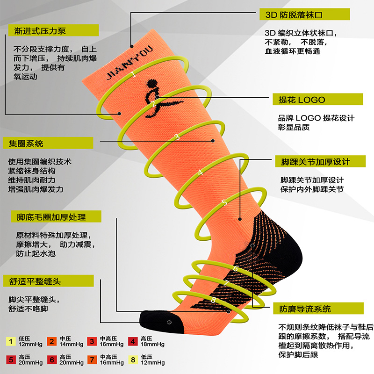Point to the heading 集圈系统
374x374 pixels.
coord(23,144)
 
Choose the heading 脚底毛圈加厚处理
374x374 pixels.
coord(51,217)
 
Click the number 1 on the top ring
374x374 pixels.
coord(134,74)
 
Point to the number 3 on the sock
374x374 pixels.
coord(177,137)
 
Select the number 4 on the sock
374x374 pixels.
coord(201,172)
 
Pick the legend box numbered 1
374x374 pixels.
coord(10,341)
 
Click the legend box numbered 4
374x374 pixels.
coord(132,341)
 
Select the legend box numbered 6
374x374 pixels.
coord(51,360)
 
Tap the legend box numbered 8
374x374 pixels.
coord(132,360)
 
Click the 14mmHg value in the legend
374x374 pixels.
coord(72,345)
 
